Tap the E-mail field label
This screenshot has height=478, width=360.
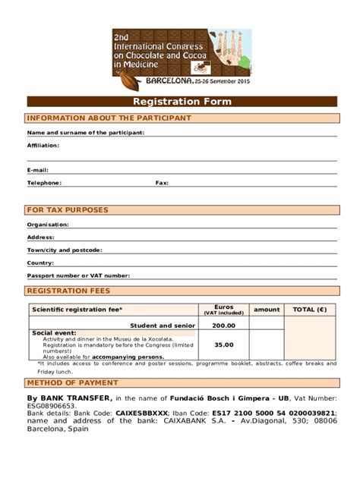coord(38,170)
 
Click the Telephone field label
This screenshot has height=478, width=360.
coord(44,183)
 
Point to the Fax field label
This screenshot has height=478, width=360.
coord(162,183)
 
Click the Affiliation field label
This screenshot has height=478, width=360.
coord(43,145)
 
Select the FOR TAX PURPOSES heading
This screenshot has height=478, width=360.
coord(68,210)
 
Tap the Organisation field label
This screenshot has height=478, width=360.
coord(48,225)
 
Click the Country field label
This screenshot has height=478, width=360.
coord(40,263)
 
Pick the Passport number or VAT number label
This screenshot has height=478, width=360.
coord(78,275)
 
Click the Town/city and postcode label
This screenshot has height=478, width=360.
coord(65,250)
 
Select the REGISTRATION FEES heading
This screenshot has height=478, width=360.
coord(69,291)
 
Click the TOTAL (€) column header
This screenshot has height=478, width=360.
coord(310,310)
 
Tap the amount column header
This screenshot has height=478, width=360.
coord(267,310)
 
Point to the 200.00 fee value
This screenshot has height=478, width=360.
coord(223,325)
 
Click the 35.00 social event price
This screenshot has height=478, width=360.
coord(223,344)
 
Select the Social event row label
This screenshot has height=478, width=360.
coord(54,332)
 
